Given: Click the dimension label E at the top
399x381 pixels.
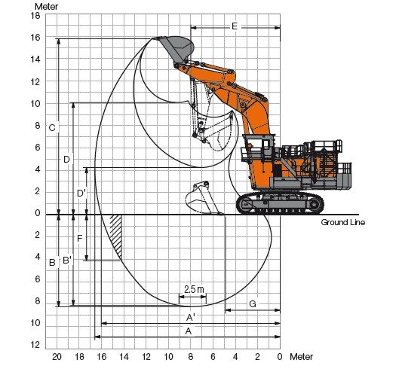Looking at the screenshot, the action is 235,26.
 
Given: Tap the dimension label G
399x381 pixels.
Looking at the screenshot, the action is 253,304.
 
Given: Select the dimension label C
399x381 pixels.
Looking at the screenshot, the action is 52,128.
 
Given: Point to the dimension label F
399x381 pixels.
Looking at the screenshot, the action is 80,239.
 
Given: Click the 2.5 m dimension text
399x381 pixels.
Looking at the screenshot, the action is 194,289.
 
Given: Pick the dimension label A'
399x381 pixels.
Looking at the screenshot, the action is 191,317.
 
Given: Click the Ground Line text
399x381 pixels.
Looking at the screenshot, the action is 342,223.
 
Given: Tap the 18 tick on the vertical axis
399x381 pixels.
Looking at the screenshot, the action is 35,16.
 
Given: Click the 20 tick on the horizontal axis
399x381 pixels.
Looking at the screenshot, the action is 57,357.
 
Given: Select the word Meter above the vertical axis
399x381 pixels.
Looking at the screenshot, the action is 46,7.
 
